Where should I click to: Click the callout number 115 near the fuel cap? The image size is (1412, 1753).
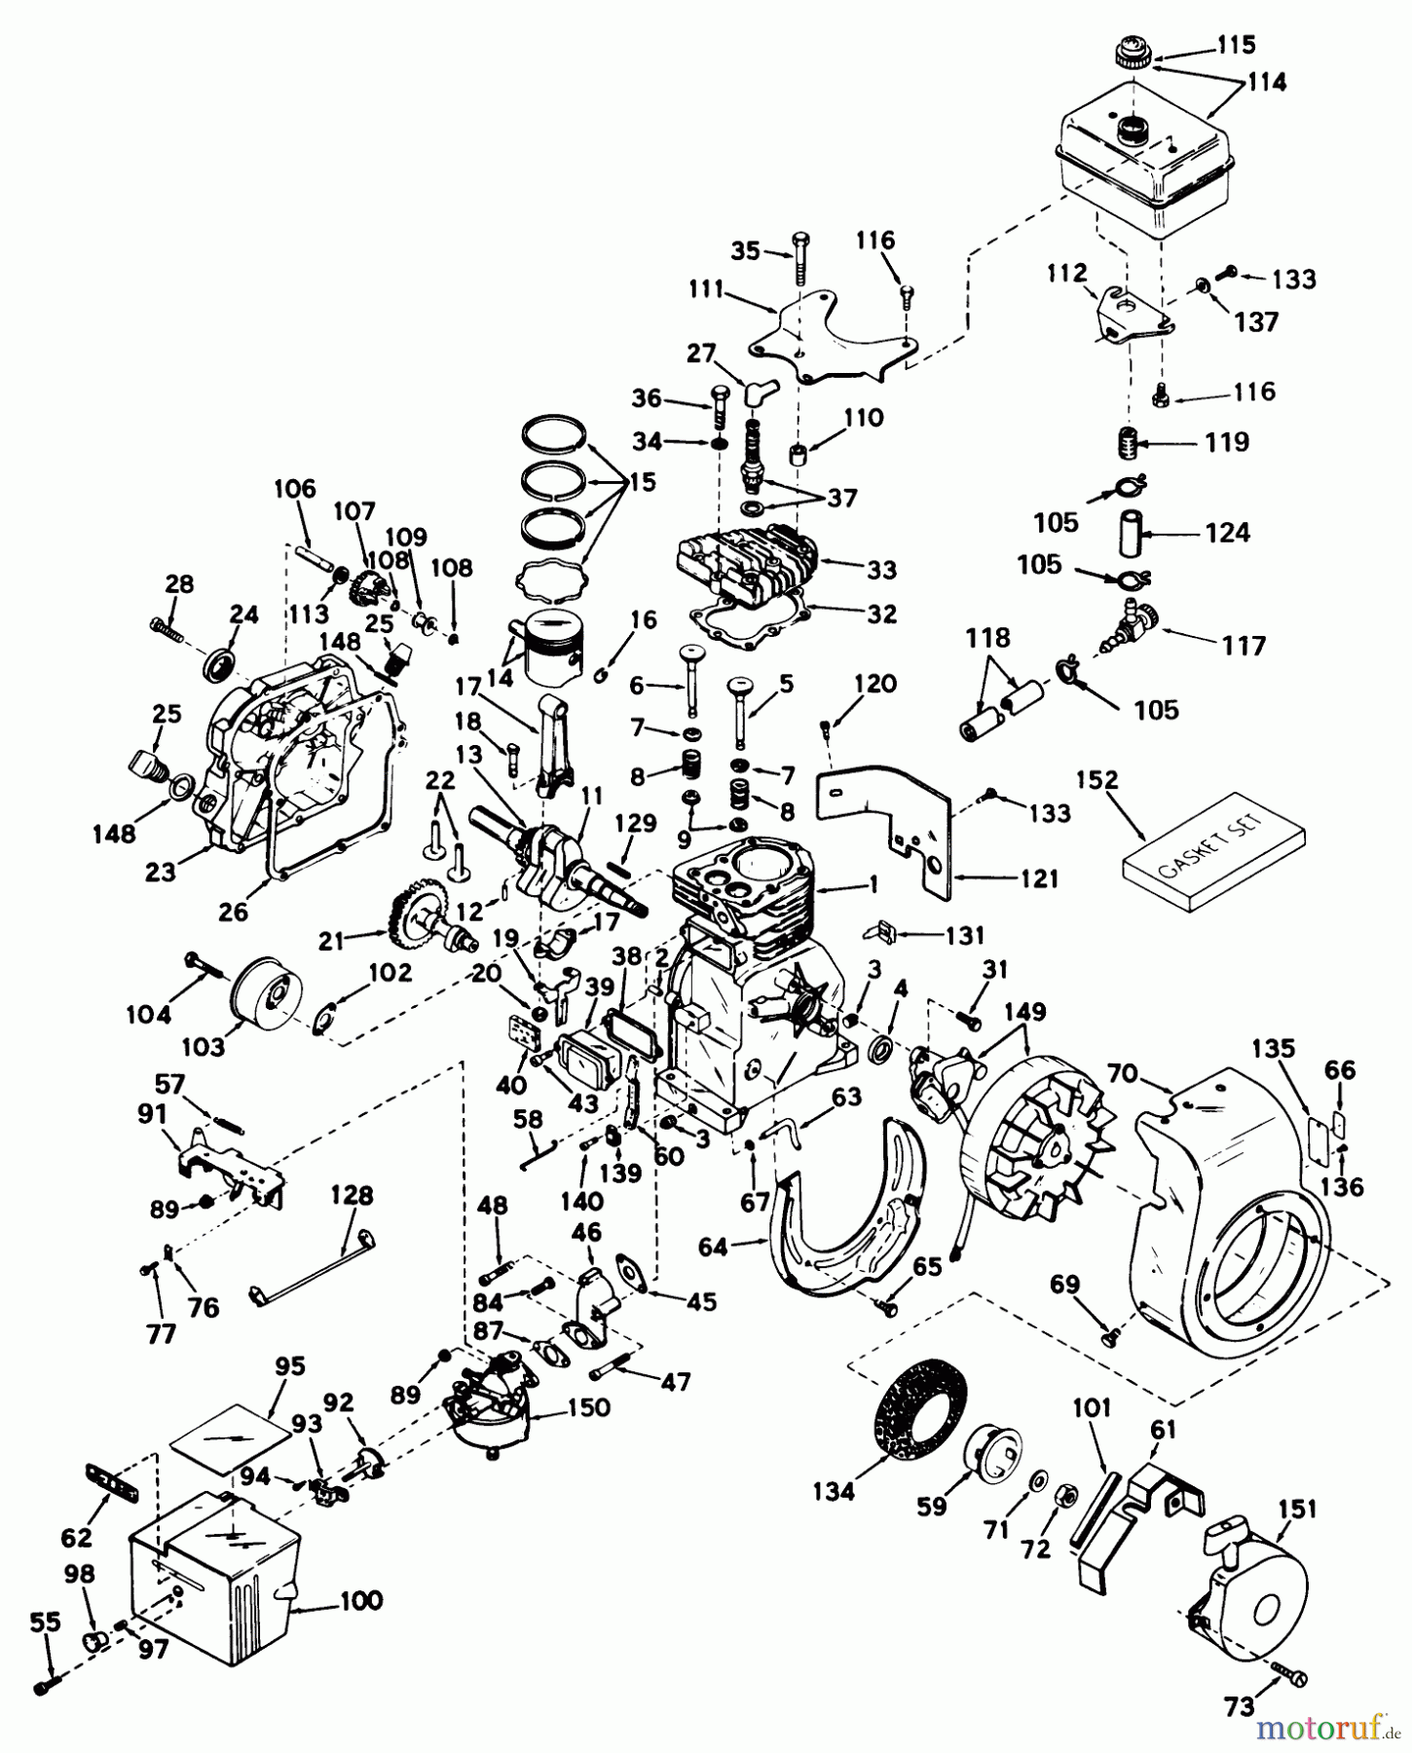point(1236,45)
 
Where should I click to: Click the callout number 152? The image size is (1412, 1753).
point(1098,782)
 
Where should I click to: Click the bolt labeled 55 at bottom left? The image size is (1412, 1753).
point(44,1688)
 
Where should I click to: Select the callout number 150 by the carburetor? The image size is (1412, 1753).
point(589,1407)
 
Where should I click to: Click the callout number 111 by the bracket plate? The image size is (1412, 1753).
point(705,289)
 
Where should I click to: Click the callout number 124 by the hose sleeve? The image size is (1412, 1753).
point(1227,533)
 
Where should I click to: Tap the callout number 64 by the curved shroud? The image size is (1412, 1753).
point(713,1246)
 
